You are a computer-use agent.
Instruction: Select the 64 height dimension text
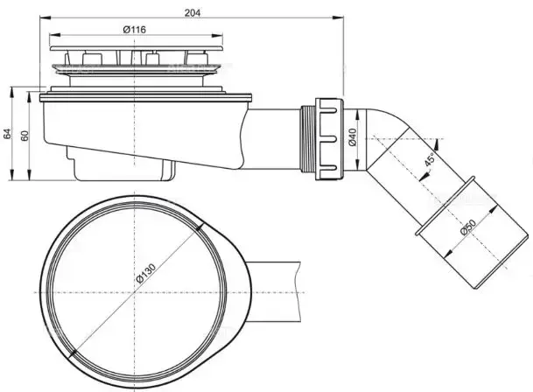[8, 133]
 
